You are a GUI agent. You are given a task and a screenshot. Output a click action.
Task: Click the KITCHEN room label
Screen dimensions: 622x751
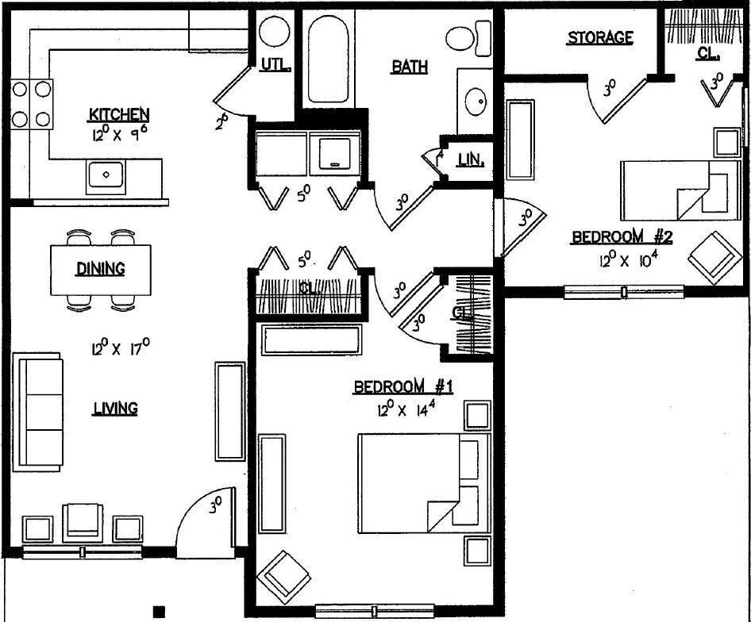pyautogui.click(x=119, y=116)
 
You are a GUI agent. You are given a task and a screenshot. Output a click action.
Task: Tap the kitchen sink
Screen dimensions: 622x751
pyautogui.click(x=105, y=174)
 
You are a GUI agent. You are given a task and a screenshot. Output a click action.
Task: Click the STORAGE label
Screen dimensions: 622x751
pyautogui.click(x=599, y=37)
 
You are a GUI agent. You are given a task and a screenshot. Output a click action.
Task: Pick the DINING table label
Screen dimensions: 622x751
pyautogui.click(x=100, y=269)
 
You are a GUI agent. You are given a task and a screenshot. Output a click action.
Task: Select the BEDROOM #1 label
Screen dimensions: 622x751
pyautogui.click(x=402, y=387)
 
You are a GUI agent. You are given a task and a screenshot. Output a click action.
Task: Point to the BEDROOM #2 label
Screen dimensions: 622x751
pyautogui.click(x=623, y=237)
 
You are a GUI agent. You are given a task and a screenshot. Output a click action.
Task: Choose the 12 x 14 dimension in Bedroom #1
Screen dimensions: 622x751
pyautogui.click(x=404, y=410)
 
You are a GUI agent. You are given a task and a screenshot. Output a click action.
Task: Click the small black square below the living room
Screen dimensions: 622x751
pyautogui.click(x=159, y=611)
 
